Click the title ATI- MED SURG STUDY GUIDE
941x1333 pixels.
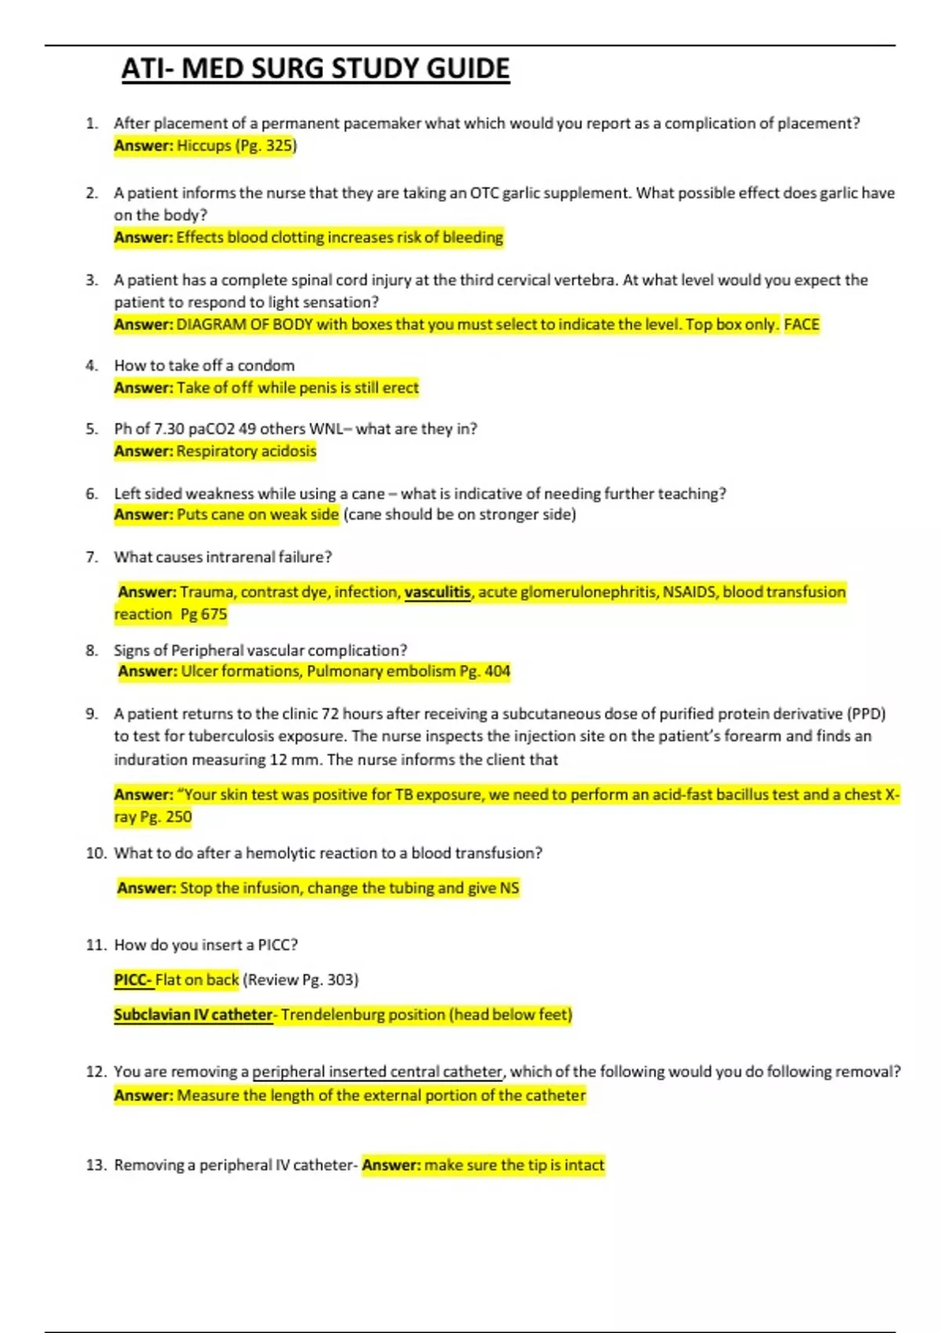point(315,69)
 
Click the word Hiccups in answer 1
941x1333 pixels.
point(204,146)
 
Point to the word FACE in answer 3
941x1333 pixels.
point(801,325)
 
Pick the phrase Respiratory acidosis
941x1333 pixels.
point(246,451)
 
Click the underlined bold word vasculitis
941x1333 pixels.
point(438,592)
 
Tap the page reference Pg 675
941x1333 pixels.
point(203,614)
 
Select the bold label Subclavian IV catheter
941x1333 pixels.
point(193,1015)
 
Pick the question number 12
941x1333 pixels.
point(96,1072)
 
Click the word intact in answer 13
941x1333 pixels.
point(584,1165)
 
